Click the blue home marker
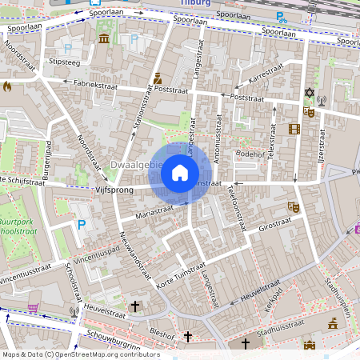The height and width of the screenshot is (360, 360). click(180, 173)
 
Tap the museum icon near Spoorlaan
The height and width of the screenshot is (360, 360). click(104, 38)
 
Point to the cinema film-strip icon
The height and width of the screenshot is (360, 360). click(294, 129)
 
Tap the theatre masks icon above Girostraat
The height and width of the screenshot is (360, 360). click(292, 206)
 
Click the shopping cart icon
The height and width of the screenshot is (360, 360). click(33, 306)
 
